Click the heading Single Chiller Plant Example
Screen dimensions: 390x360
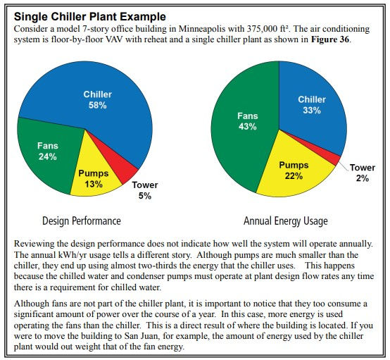pos(90,17)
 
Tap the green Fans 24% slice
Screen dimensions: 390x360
pos(47,152)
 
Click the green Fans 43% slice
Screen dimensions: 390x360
pos(246,122)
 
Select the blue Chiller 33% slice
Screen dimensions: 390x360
pos(312,104)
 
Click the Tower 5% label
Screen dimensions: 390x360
pos(145,190)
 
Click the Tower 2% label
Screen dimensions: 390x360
pos(363,173)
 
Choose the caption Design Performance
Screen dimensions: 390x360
pos(82,221)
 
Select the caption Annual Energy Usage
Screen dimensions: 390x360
pos(286,221)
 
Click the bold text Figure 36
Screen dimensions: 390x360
pos(330,39)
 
